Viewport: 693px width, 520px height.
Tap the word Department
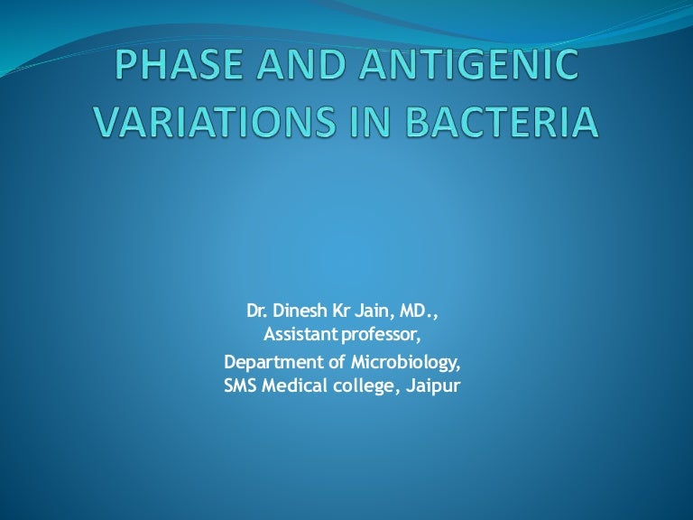pyautogui.click(x=266, y=364)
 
